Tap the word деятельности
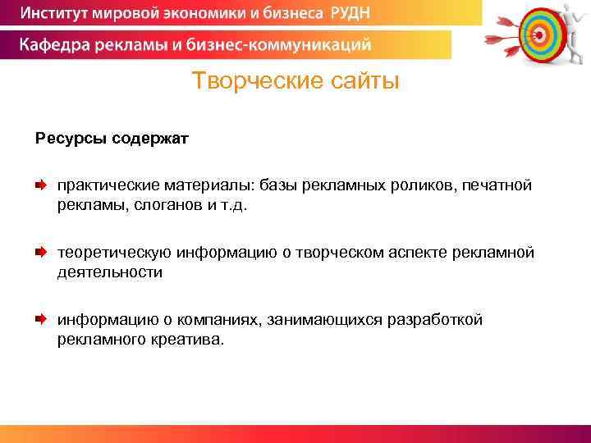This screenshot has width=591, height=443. [109, 272]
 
